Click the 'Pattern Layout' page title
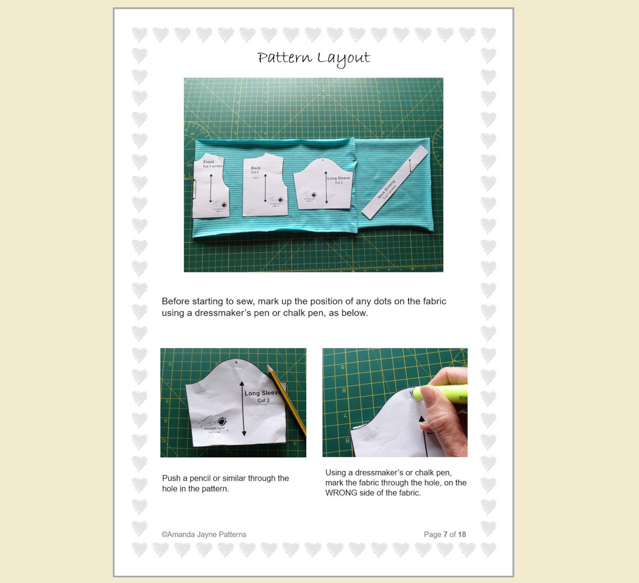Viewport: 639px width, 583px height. tap(314, 58)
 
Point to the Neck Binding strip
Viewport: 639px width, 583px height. tap(395, 183)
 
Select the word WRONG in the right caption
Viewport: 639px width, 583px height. tap(342, 493)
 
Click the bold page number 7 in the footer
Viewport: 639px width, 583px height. tap(445, 534)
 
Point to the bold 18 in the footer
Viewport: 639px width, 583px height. tap(461, 534)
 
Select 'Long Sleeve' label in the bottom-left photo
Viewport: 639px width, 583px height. tap(262, 393)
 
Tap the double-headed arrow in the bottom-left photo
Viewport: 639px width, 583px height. tap(243, 408)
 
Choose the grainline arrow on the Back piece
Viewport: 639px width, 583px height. tap(265, 188)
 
